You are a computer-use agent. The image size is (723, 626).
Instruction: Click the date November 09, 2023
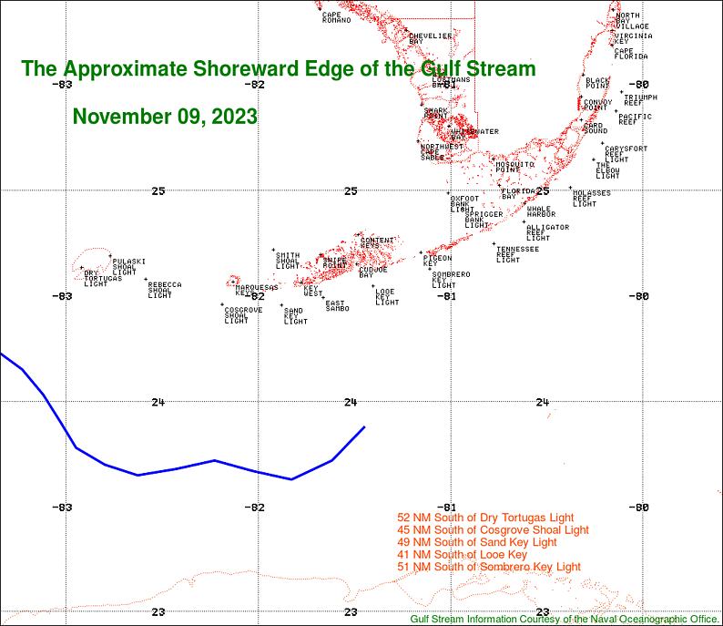click(164, 118)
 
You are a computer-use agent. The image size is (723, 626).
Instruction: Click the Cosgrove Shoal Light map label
click(243, 315)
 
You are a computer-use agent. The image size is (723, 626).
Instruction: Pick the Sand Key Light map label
click(295, 316)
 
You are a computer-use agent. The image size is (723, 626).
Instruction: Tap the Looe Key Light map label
click(387, 297)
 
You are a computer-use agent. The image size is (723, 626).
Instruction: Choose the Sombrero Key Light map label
click(451, 280)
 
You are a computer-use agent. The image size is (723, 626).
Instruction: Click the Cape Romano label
click(336, 17)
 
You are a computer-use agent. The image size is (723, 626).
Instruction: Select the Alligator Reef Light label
click(547, 232)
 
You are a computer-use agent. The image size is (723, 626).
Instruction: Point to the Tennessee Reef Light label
click(516, 254)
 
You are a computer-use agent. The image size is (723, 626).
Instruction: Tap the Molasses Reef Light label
click(591, 199)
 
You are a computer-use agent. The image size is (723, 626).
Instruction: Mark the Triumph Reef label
click(640, 99)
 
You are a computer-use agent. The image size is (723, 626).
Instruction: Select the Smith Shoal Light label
click(288, 261)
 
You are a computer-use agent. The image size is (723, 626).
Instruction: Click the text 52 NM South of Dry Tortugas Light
click(492, 518)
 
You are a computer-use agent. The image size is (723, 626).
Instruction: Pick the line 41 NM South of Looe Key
click(463, 554)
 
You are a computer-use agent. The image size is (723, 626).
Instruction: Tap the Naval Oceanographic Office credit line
click(565, 619)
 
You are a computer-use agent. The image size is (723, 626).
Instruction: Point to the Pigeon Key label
click(437, 261)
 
